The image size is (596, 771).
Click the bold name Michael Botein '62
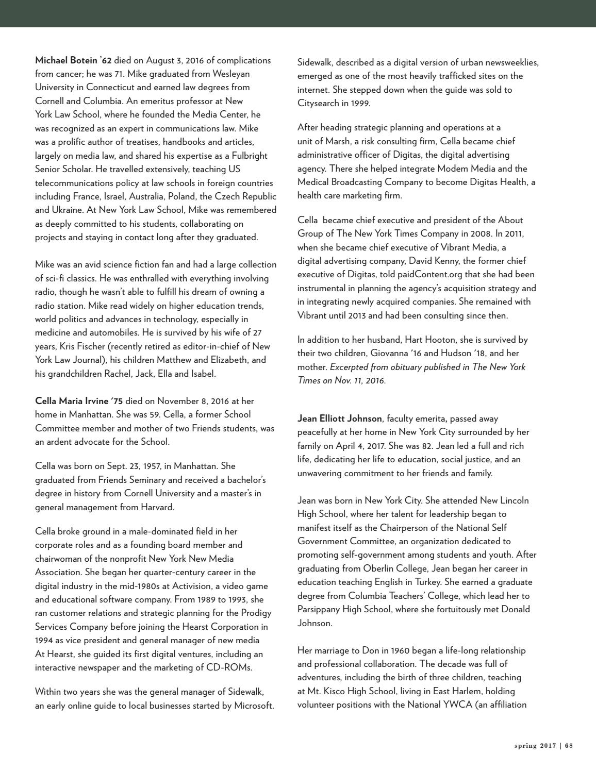[73, 60]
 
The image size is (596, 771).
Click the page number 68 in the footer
[569, 745]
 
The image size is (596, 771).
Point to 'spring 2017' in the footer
[536, 745]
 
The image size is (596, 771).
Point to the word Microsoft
[254, 706]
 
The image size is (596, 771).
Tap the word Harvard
[157, 507]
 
